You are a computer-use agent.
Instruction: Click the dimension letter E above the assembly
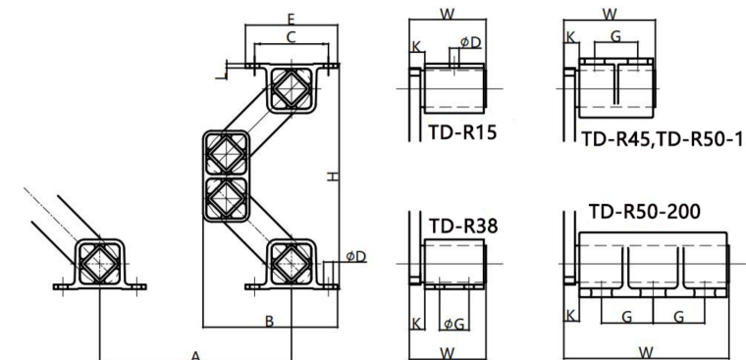pos(292,19)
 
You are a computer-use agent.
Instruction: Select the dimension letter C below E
pos(292,36)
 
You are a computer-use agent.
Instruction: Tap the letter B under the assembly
pos(269,322)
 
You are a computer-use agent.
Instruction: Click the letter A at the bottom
pos(195,355)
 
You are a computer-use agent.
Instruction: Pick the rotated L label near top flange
pos(221,75)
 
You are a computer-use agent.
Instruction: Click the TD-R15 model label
pos(462,131)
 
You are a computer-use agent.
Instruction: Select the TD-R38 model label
pos(463,226)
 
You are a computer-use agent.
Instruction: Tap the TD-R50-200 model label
pos(645,211)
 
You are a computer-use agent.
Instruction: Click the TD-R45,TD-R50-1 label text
pos(662,139)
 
